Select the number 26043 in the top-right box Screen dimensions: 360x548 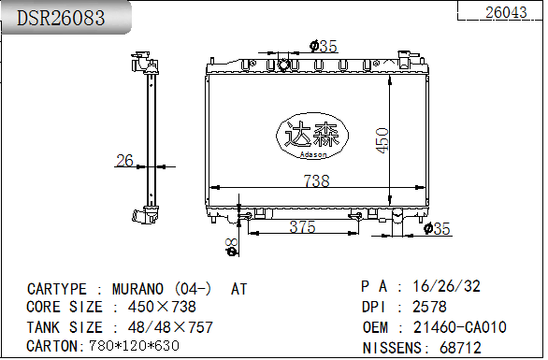click(x=506, y=12)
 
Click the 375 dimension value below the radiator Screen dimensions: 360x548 click(x=301, y=227)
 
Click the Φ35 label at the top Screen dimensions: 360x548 click(x=323, y=46)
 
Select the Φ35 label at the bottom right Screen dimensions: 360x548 click(x=437, y=228)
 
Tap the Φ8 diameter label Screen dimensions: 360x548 click(x=231, y=245)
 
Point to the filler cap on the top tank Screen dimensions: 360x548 click(x=282, y=65)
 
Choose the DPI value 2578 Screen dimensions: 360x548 click(x=429, y=307)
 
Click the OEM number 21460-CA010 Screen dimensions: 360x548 click(x=459, y=326)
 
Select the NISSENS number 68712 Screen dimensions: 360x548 click(x=460, y=347)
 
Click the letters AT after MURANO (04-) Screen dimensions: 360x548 click(x=239, y=289)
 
